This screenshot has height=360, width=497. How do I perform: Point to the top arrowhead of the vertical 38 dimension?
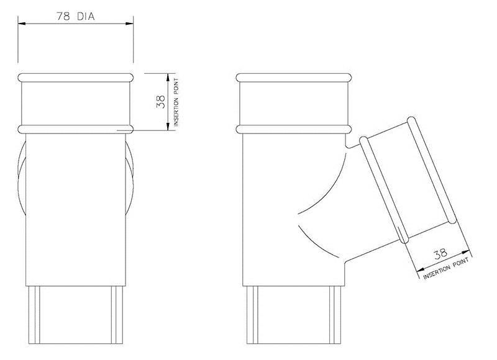coord(168,76)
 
